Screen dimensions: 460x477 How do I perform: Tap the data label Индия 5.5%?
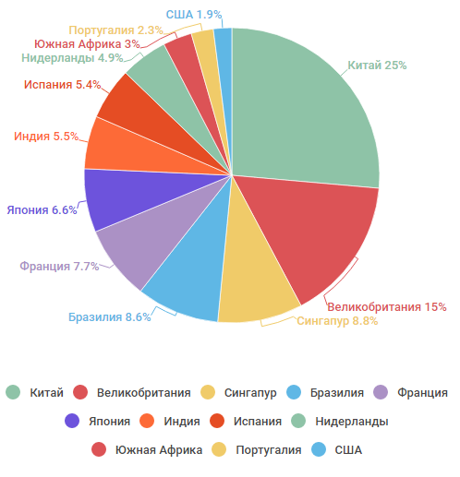click(46, 137)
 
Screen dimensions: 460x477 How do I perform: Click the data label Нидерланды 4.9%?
click(72, 58)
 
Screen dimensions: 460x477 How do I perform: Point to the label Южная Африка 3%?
click(87, 44)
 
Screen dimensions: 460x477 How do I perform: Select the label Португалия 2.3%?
click(115, 30)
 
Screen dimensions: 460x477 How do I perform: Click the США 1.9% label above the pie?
click(194, 15)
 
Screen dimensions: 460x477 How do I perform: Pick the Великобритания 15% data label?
click(387, 307)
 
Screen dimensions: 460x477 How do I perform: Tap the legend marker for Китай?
click(13, 392)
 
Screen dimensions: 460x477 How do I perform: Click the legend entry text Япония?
click(109, 422)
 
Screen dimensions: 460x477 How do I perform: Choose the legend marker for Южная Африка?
click(99, 449)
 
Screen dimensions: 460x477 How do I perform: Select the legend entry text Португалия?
click(269, 450)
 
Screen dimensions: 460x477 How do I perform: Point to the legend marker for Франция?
click(381, 392)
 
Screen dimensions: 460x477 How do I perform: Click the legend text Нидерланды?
click(352, 422)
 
